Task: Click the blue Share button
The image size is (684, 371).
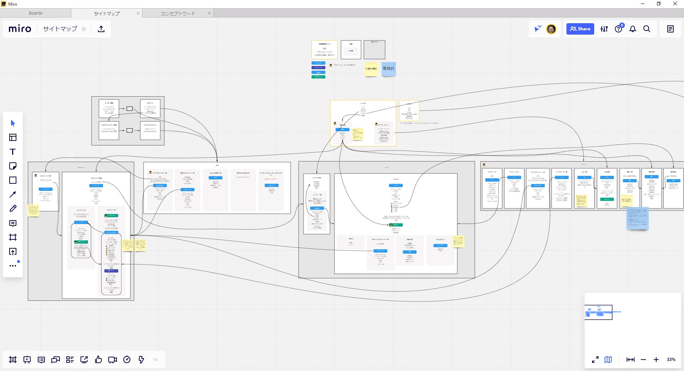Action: click(580, 29)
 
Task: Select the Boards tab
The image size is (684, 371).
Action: click(36, 13)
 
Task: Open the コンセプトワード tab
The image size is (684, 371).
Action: click(178, 14)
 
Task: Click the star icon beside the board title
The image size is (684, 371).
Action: click(84, 29)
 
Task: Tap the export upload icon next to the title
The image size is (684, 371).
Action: click(101, 29)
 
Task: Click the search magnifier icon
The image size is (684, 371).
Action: click(647, 29)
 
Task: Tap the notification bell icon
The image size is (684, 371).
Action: click(633, 29)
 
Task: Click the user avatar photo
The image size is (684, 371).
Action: click(551, 29)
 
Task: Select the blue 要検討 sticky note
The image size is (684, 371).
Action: click(388, 68)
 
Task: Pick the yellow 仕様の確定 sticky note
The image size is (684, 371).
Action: click(371, 68)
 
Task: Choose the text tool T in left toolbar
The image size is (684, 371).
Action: click(13, 152)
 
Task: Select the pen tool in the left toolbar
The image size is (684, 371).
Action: click(13, 209)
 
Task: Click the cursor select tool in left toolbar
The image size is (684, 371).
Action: click(13, 123)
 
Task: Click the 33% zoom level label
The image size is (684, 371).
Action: click(671, 360)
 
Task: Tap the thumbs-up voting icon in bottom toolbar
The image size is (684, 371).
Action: click(98, 360)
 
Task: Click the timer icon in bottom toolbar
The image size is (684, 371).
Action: click(127, 360)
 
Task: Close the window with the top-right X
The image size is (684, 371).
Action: click(675, 4)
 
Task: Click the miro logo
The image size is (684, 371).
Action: click(20, 29)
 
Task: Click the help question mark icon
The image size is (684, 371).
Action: click(618, 29)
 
